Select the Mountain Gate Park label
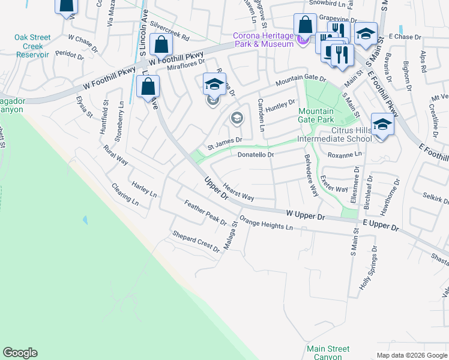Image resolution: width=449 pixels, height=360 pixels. (x=316, y=115)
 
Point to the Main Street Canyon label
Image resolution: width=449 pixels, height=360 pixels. (x=328, y=352)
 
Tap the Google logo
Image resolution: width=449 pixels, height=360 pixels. (x=20, y=353)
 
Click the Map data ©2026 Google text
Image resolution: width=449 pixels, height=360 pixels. (x=411, y=355)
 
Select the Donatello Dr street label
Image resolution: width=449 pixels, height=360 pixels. (x=256, y=155)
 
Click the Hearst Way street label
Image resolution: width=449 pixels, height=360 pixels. (x=238, y=192)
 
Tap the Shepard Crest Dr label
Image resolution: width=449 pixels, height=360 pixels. (x=196, y=241)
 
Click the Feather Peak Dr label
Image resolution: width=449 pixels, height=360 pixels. (x=205, y=212)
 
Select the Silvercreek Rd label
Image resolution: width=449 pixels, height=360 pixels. (x=170, y=32)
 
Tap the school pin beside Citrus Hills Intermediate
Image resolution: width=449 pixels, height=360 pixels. (x=382, y=125)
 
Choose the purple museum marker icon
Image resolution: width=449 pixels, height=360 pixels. (x=303, y=40)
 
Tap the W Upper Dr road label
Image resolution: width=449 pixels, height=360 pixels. (x=305, y=214)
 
